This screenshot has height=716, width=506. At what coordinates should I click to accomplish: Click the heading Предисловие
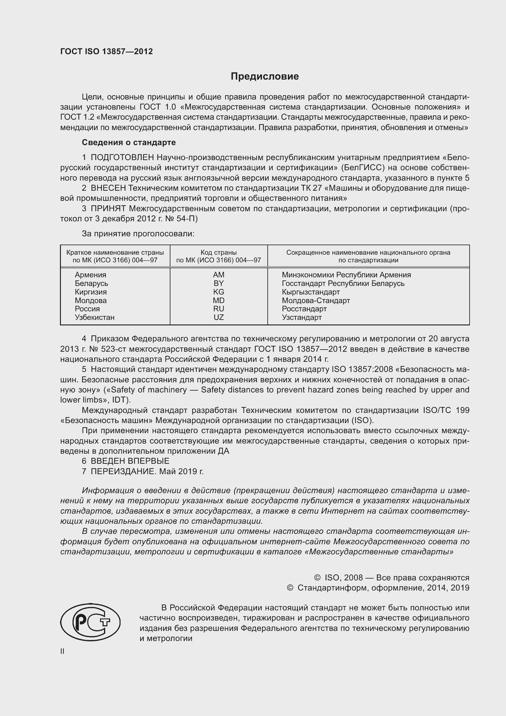tap(265, 77)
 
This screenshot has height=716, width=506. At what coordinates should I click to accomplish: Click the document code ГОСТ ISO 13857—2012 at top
tap(106, 51)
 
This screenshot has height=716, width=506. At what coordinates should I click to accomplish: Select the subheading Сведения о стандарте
tap(129, 143)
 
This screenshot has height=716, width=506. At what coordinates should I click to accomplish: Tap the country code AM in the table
tap(218, 275)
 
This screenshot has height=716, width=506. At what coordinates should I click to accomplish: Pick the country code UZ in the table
tap(218, 317)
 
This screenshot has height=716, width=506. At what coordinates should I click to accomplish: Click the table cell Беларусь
tap(91, 283)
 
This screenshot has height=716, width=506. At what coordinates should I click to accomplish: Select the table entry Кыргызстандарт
tap(311, 292)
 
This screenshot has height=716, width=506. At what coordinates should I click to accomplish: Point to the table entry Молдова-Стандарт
tap(316, 301)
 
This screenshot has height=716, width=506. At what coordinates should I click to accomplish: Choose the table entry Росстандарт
tap(304, 309)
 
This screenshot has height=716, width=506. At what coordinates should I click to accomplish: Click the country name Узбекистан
tap(95, 317)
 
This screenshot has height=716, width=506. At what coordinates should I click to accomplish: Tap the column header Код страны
tap(218, 252)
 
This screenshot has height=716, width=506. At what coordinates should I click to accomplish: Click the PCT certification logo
tap(90, 622)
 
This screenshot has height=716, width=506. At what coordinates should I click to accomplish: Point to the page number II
tap(62, 651)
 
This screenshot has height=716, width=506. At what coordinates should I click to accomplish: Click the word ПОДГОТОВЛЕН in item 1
tap(122, 158)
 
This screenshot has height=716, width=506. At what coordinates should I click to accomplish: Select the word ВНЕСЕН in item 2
tap(108, 188)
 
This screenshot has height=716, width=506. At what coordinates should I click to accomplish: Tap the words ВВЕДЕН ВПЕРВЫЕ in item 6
tap(130, 461)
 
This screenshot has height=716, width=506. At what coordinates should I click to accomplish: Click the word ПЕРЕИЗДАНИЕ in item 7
tap(123, 471)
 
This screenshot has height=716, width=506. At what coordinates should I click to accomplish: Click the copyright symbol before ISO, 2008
tap(317, 578)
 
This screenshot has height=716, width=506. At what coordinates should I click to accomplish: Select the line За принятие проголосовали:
tap(138, 234)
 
